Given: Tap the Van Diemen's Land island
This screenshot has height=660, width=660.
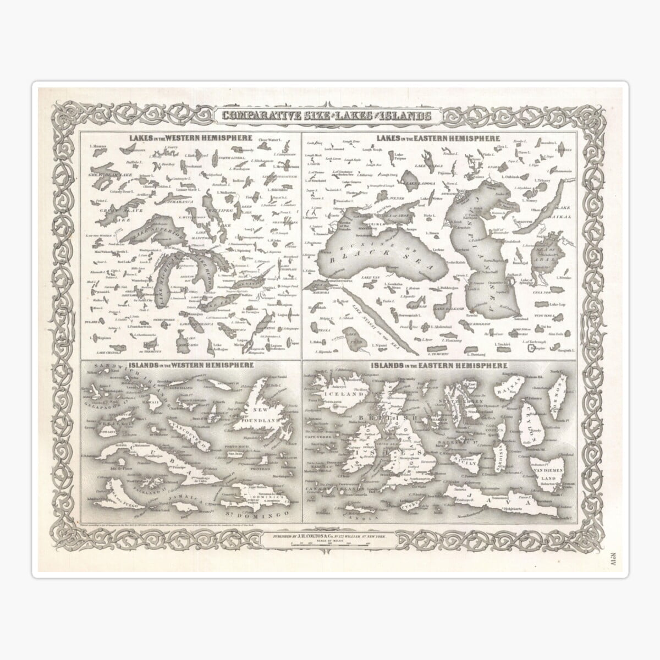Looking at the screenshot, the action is (x=544, y=468).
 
